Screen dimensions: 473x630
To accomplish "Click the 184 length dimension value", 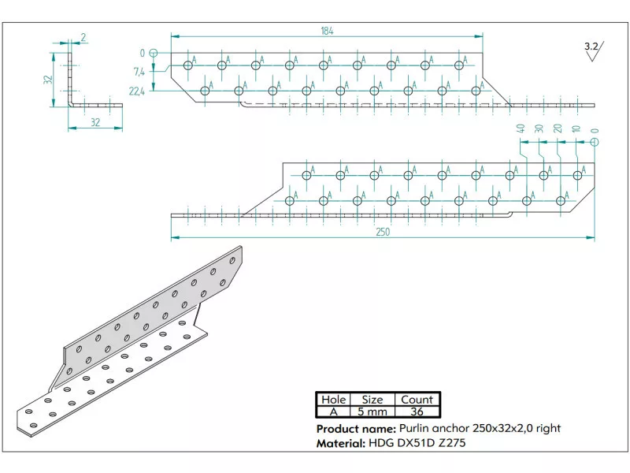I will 327,31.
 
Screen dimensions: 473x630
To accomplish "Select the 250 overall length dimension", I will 382,232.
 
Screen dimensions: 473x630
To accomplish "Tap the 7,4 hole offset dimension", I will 139,72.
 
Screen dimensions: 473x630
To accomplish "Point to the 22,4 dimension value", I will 136,91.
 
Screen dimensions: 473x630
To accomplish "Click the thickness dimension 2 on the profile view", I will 83,36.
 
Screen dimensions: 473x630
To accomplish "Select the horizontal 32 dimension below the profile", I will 95,122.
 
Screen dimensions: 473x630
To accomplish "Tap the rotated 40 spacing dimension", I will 521,129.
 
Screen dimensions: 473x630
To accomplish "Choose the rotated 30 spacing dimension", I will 539,129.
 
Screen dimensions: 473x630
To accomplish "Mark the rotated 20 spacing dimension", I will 558,129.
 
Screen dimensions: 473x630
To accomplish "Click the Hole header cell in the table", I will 334,400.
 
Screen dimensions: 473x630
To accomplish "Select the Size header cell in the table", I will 372,400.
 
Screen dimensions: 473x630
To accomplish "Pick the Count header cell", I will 417,400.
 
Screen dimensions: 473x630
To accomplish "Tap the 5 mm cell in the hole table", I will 372,412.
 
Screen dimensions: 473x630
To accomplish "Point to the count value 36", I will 417,412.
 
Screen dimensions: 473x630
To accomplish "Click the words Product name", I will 355,428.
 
